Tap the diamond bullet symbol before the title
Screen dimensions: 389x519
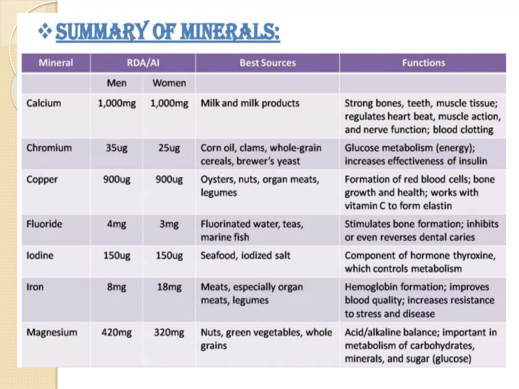45,31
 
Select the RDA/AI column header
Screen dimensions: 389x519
143,63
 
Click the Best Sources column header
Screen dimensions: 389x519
268,63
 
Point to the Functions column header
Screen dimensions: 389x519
423,63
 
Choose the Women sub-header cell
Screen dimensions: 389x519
169,83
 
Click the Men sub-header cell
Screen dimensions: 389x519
117,83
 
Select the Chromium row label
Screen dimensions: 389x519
49,148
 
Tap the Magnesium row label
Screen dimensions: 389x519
52,332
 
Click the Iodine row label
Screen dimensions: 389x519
40,256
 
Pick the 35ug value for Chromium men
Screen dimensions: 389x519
117,148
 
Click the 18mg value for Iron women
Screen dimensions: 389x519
169,287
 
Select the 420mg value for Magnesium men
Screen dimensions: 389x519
117,332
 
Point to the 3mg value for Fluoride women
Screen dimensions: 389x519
169,224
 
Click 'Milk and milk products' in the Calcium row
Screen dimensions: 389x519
250,103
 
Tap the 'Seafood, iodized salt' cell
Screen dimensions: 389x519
245,256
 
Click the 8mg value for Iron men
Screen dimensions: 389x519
117,287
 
